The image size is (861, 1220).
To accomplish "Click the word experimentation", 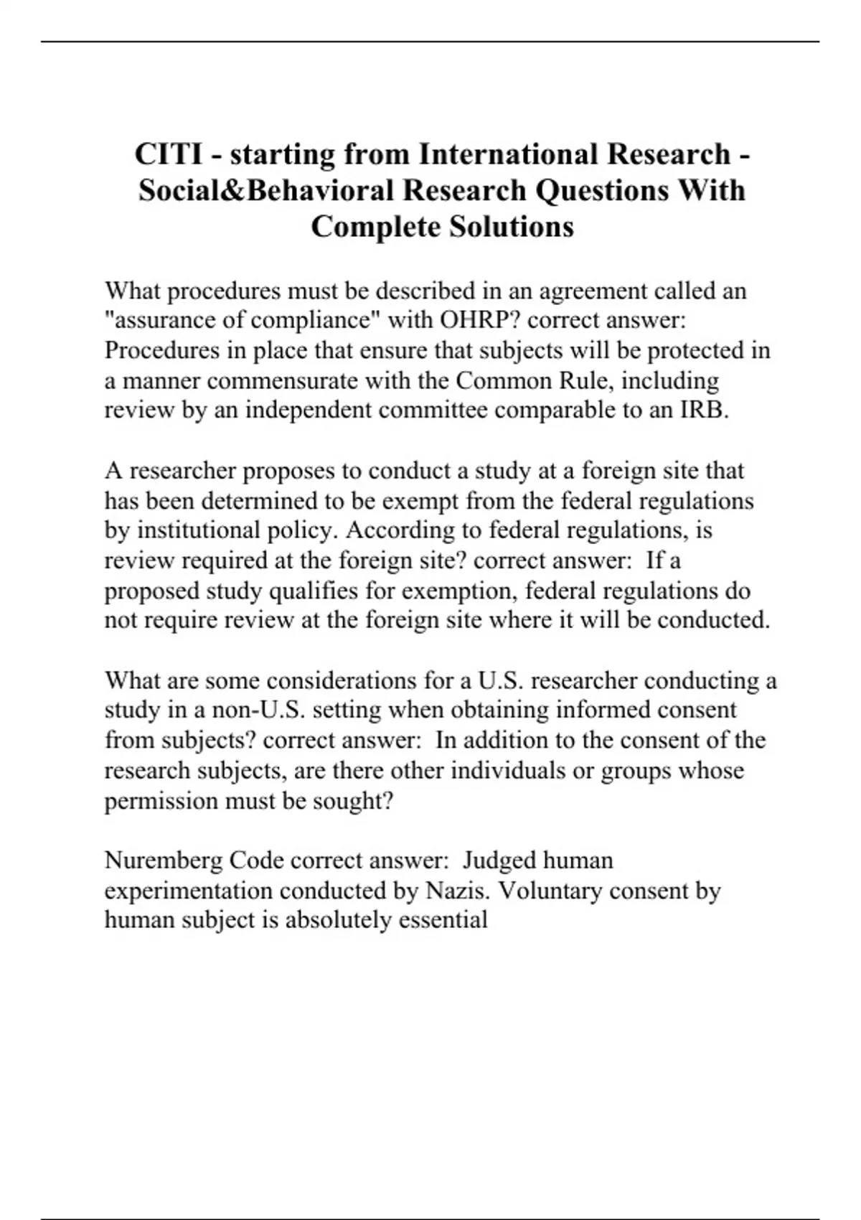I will (189, 890).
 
